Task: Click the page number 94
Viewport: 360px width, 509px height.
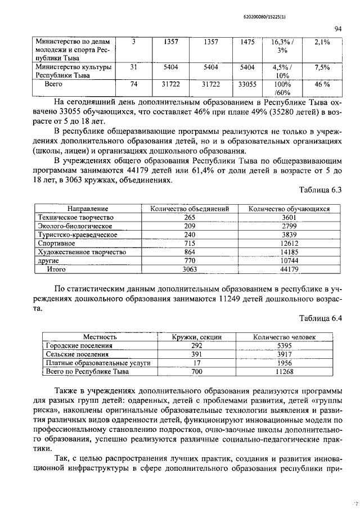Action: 338,29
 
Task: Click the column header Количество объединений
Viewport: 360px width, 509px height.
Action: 190,209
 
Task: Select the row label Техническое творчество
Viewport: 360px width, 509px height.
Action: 75,217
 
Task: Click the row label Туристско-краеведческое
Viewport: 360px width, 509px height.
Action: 77,235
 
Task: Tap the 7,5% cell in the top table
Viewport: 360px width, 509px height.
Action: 322,67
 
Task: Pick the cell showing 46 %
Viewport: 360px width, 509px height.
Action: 322,84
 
